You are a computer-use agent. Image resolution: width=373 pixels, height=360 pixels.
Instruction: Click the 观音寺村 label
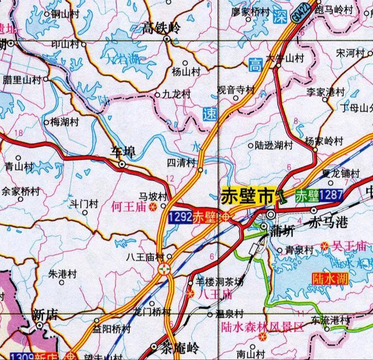236,91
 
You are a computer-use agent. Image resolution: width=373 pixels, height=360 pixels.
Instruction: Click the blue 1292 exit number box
180,217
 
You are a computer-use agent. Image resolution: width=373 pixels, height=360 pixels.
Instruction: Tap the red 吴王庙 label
349,245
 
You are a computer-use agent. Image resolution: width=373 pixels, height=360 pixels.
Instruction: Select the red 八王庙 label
215,294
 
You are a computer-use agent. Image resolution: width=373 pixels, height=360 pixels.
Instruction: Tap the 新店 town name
45,315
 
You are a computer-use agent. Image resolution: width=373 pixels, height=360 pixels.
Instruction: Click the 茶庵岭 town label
181,348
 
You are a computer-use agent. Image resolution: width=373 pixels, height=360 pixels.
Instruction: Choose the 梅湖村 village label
66,121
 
